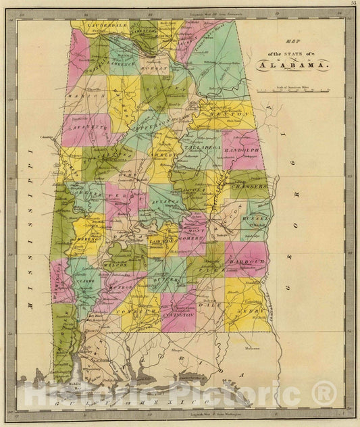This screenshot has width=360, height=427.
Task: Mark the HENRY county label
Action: point(251,310)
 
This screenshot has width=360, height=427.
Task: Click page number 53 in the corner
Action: point(353,3)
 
